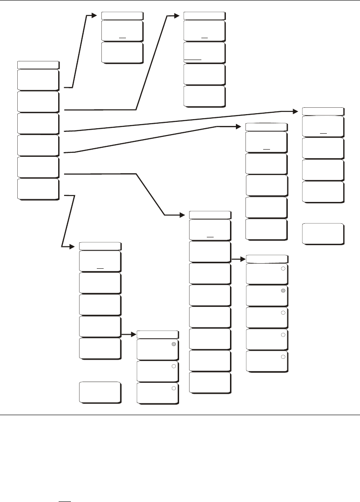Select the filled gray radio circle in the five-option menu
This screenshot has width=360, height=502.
tap(283, 291)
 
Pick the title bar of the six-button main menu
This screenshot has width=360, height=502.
tap(38, 64)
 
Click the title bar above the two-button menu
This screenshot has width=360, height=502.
tap(122, 15)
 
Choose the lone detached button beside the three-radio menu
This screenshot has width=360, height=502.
tap(100, 392)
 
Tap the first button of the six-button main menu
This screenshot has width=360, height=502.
tap(38, 80)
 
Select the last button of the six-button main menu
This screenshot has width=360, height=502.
tap(38, 189)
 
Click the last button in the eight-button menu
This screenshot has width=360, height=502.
tap(210, 383)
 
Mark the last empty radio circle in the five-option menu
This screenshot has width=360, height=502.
tap(283, 356)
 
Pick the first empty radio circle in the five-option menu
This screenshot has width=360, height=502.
tap(283, 269)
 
